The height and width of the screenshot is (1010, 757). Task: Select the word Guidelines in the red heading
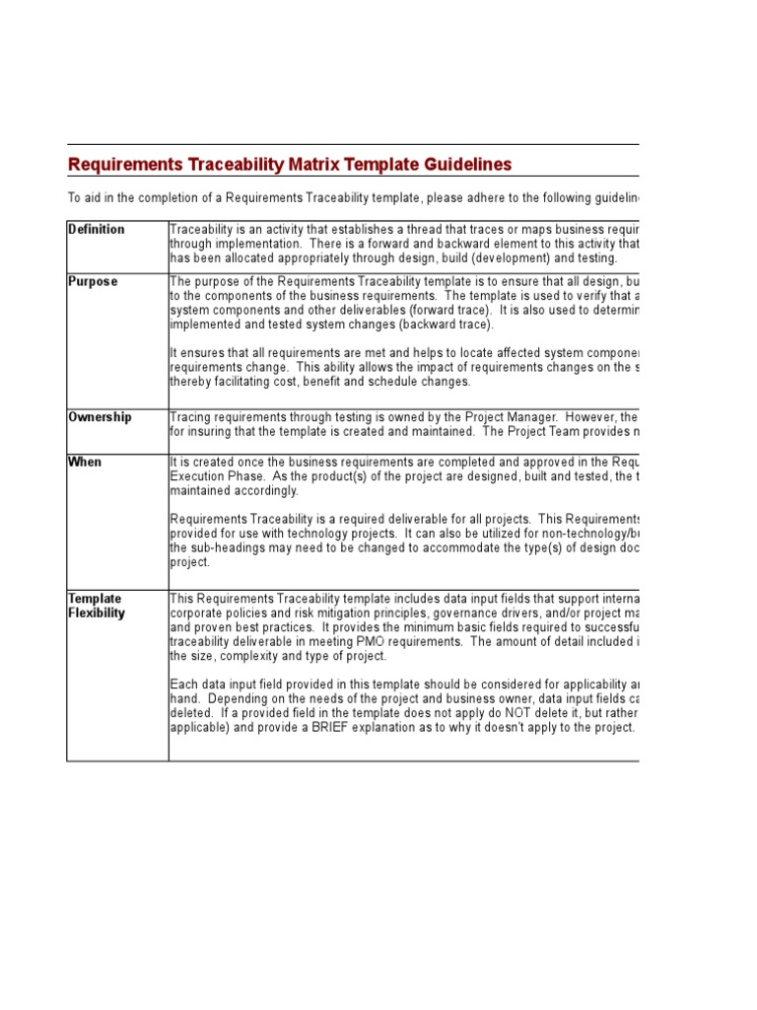pyautogui.click(x=464, y=165)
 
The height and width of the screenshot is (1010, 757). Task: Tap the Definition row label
pyautogui.click(x=96, y=230)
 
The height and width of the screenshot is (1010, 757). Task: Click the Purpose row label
pyautogui.click(x=93, y=282)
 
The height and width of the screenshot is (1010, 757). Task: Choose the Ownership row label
pyautogui.click(x=100, y=417)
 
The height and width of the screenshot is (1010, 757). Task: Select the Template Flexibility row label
pyautogui.click(x=97, y=606)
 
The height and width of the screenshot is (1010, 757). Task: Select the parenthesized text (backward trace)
pyautogui.click(x=447, y=325)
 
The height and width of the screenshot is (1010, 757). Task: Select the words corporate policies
pyautogui.click(x=216, y=613)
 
